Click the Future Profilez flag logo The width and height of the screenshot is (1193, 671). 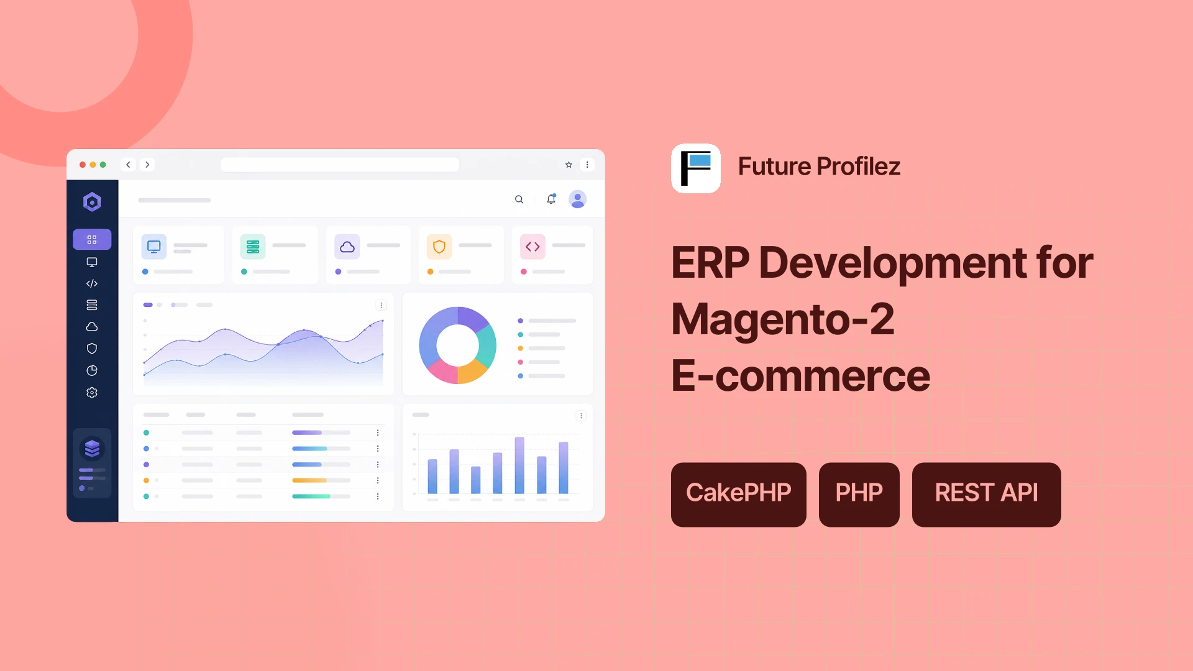696,168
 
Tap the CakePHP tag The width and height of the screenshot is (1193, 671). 739,495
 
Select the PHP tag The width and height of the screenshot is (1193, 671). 859,495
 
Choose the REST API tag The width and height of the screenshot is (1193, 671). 987,495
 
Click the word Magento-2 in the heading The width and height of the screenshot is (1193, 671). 783,319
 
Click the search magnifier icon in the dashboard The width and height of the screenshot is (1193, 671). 519,199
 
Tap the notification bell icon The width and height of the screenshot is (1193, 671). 551,199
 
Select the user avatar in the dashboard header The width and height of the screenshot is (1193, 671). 578,199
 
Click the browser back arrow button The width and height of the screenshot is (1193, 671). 128,165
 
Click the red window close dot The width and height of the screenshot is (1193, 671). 83,165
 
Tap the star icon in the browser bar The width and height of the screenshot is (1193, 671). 569,165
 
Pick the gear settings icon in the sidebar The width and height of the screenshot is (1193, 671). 92,393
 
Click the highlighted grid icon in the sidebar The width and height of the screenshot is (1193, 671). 92,240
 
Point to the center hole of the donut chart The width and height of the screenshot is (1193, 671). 458,345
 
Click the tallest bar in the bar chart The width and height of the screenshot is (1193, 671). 519,465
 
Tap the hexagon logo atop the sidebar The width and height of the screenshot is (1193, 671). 92,202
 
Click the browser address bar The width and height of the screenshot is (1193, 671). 340,165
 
